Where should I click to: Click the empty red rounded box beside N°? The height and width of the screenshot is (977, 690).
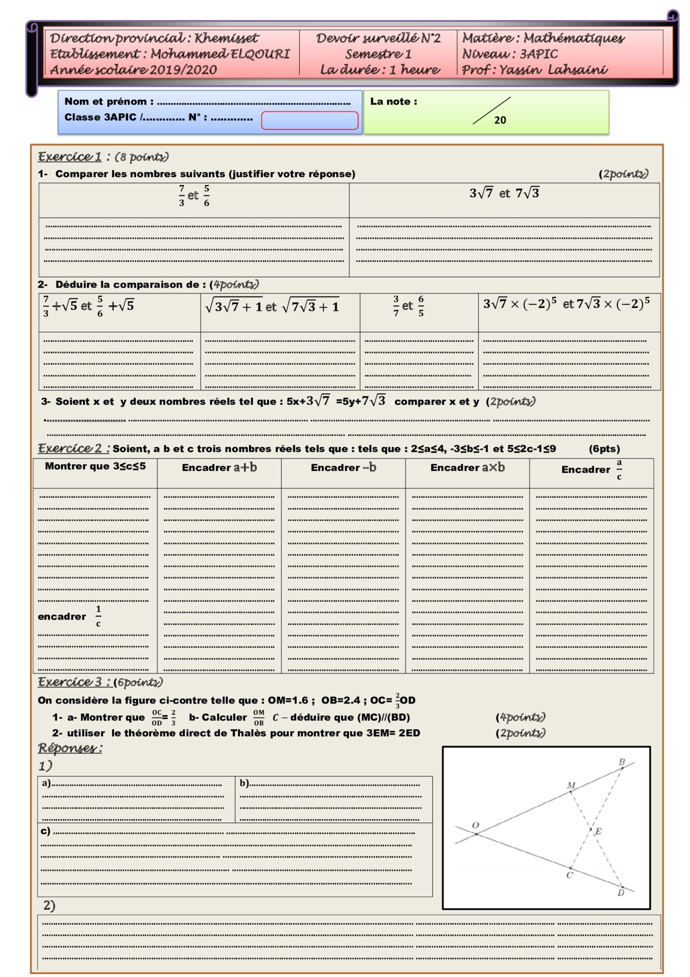point(309,121)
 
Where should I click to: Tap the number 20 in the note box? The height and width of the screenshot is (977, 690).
point(499,120)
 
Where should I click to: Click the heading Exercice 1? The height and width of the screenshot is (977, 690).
point(70,157)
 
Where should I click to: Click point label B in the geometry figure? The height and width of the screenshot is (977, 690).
point(622,762)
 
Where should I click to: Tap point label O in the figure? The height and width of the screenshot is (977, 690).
point(476,825)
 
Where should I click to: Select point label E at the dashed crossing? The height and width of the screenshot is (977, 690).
point(598,832)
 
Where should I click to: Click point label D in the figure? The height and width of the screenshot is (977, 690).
point(621,892)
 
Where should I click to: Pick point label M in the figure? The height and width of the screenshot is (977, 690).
point(571,786)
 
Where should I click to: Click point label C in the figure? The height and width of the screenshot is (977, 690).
point(569,875)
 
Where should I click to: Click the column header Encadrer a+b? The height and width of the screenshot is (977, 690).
point(219,468)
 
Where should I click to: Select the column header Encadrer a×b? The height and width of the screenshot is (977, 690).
point(467,468)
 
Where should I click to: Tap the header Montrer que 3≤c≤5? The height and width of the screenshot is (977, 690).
point(95,466)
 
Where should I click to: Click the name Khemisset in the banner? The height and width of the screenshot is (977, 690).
point(226,38)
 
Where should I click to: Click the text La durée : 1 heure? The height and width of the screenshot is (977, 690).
point(379,70)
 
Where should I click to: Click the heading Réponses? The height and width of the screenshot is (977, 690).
point(70,748)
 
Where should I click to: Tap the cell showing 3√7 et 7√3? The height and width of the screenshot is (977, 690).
point(504,194)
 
